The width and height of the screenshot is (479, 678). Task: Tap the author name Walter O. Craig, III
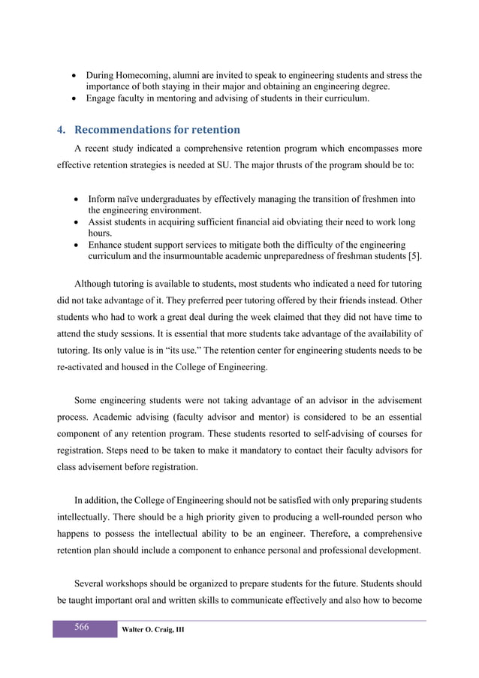(153, 629)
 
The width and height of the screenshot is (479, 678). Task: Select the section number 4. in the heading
(61, 129)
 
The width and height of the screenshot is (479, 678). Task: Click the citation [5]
(412, 256)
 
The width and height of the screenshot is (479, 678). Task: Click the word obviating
(322, 221)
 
